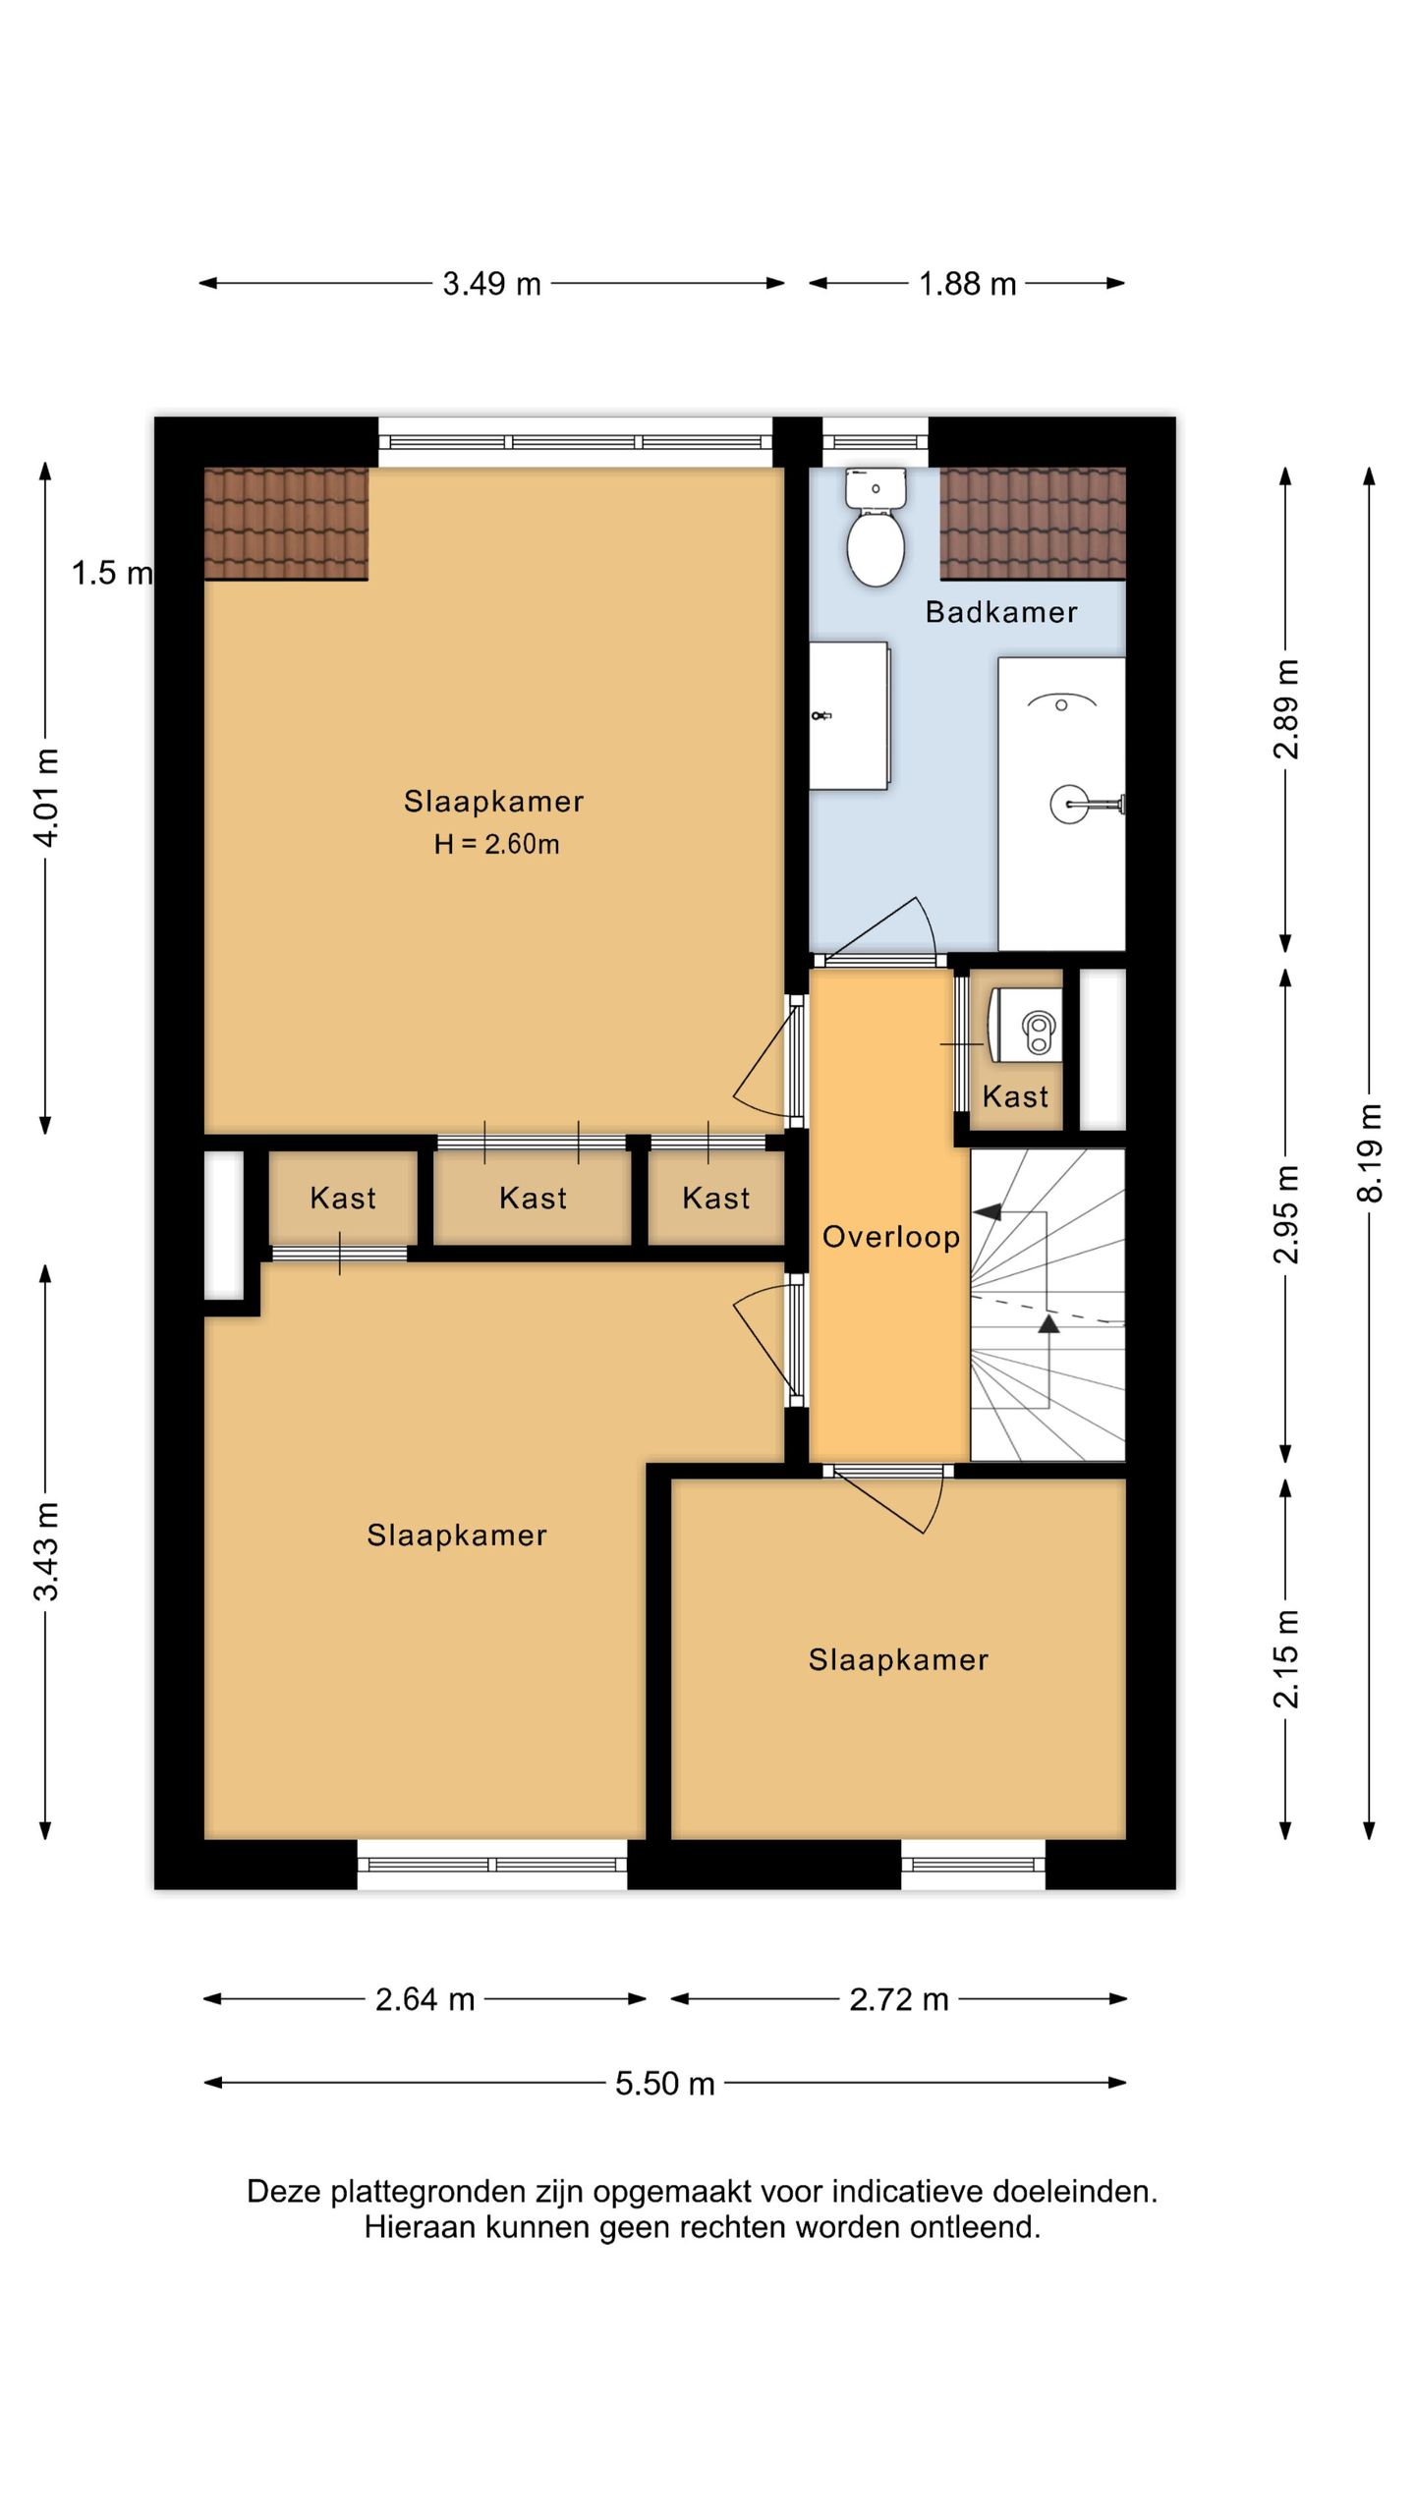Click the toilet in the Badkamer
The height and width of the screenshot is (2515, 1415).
(875, 527)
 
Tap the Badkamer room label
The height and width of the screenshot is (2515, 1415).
(1001, 612)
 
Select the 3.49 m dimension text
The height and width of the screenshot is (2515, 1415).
(491, 284)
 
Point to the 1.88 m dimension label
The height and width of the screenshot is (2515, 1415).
(967, 284)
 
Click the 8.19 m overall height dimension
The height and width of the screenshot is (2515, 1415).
(1370, 1152)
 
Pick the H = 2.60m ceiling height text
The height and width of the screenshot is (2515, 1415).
(496, 844)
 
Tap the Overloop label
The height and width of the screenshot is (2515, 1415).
(890, 1237)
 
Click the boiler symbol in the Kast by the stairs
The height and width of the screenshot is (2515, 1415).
(1024, 1025)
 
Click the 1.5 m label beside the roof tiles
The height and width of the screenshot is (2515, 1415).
(112, 573)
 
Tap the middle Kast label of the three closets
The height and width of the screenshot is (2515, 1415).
(534, 1198)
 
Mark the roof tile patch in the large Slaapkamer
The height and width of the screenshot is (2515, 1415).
(286, 524)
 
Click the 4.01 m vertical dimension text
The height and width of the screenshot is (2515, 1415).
(46, 797)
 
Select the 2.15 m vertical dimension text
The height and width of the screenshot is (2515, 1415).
(1286, 1659)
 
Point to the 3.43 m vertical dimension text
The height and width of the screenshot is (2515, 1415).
(46, 1551)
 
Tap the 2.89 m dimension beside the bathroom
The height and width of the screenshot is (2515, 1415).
(1286, 709)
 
